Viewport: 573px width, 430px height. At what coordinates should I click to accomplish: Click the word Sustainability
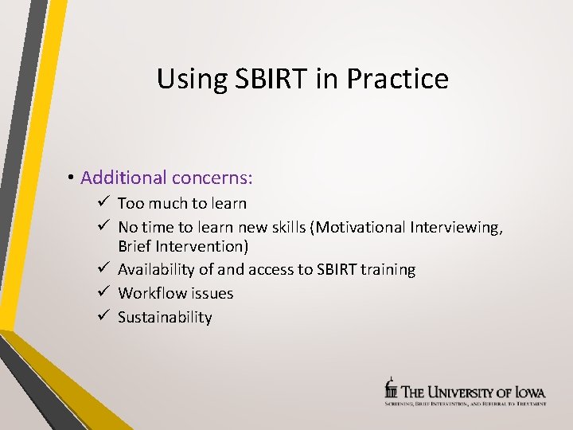[165, 318]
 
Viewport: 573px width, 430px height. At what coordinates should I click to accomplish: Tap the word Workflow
[151, 294]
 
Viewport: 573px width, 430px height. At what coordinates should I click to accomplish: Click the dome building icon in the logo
[391, 388]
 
